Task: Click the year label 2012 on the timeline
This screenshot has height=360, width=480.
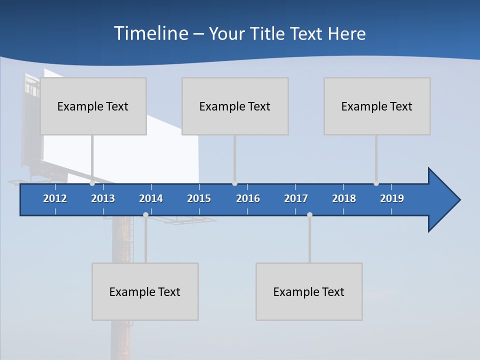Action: click(55, 198)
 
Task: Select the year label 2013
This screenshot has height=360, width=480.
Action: click(103, 198)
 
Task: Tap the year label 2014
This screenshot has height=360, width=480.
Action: click(151, 198)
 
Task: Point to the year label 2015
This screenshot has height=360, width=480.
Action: click(199, 198)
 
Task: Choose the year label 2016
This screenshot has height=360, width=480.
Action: click(248, 198)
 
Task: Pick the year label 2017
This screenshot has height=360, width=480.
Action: click(296, 198)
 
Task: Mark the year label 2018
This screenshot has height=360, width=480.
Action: click(344, 198)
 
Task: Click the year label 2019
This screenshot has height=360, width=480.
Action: click(392, 198)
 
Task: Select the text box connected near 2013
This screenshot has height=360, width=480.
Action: click(93, 106)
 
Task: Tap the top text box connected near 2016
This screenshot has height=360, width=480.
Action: click(235, 106)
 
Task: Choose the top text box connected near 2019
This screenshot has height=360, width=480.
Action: click(377, 106)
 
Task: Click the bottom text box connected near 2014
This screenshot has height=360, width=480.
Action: click(145, 291)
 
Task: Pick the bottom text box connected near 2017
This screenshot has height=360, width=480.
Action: click(309, 291)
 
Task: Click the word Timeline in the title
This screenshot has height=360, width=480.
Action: click(150, 33)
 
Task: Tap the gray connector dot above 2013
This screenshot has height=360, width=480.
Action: click(92, 183)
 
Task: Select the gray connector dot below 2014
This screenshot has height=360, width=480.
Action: click(145, 214)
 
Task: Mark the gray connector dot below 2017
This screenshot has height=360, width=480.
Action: click(309, 214)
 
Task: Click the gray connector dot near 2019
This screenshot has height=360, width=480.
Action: click(376, 183)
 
